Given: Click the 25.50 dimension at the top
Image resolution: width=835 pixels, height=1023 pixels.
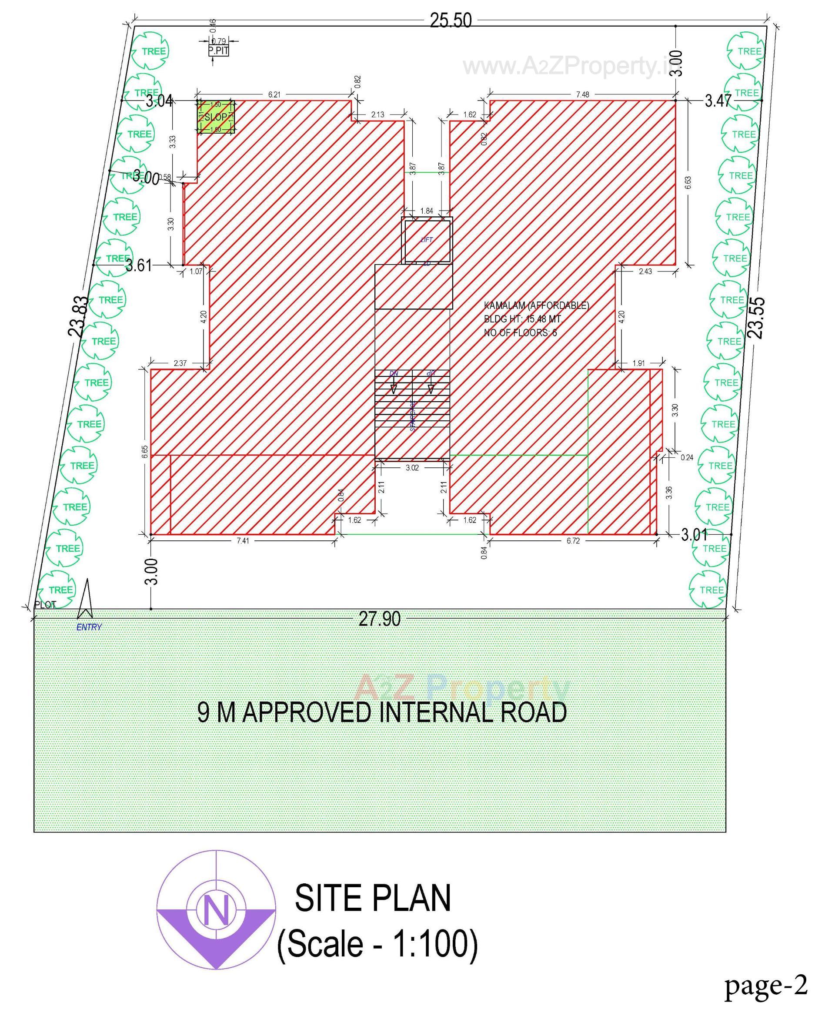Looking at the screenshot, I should point(450,21).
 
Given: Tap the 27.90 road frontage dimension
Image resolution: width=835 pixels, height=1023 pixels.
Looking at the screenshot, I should point(380,619).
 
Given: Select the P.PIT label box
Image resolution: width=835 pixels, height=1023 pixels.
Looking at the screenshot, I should point(218,50).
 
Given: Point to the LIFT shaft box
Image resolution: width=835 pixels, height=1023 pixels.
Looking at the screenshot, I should point(427,240).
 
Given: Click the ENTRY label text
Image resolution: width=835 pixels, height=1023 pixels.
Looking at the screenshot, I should point(89,627).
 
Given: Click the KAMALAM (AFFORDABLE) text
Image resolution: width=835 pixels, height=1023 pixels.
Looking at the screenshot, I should point(536,305).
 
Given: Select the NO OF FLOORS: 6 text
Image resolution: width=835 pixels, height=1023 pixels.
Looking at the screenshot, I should point(520,332).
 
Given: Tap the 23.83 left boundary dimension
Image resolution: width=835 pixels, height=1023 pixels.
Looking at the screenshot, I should point(79,316).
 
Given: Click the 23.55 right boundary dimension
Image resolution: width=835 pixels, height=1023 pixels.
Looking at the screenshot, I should point(756,318).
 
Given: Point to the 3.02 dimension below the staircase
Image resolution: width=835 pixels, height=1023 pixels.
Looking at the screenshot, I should point(412,467).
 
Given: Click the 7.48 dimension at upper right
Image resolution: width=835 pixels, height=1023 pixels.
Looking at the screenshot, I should point(582,94).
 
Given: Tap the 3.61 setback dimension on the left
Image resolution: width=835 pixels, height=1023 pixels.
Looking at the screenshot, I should point(139,265).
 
